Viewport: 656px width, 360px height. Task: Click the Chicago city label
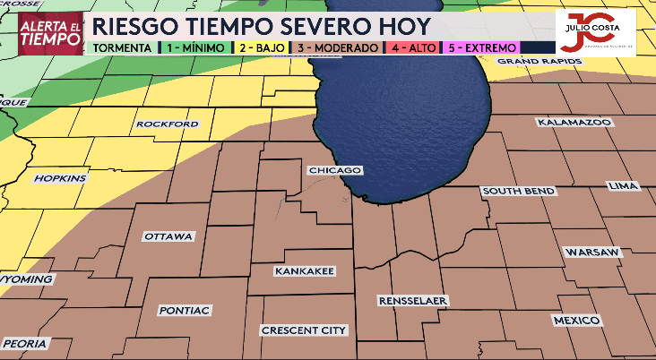[x=334, y=170]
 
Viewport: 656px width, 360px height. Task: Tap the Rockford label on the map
[x=168, y=124]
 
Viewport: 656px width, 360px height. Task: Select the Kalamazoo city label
[x=574, y=121]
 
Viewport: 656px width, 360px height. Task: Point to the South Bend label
[x=518, y=192]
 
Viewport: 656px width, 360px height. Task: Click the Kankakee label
[x=305, y=270]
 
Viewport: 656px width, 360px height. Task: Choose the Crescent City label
[x=304, y=330]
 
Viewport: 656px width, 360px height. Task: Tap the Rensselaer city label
[x=413, y=300]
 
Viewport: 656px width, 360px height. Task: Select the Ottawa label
[x=168, y=236]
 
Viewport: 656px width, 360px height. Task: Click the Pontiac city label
[x=185, y=310]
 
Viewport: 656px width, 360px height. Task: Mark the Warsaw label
[x=592, y=253]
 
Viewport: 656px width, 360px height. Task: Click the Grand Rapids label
[x=539, y=61]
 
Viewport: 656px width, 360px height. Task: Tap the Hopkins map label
[x=61, y=178]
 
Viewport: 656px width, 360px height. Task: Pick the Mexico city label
[x=576, y=320]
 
